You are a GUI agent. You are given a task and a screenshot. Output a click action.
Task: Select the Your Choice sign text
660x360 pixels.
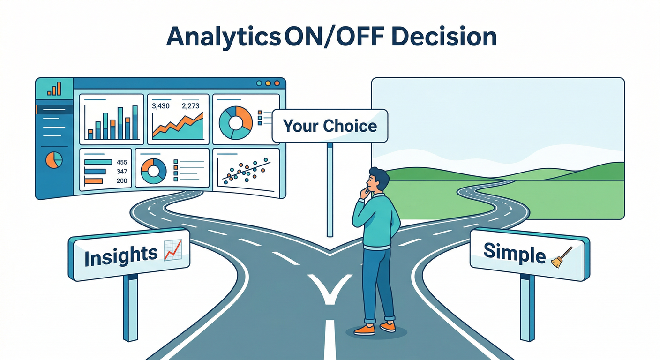click(330, 126)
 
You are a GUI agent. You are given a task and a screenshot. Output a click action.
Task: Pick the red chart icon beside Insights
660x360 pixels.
click(172, 250)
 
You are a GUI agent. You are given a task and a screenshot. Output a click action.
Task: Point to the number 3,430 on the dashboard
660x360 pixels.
click(161, 106)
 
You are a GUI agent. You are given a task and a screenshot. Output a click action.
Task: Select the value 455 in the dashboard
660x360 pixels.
click(122, 163)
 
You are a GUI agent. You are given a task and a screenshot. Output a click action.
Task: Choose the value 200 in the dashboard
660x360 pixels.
click(122, 181)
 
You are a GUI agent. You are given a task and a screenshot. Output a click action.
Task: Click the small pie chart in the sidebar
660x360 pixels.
click(54, 160)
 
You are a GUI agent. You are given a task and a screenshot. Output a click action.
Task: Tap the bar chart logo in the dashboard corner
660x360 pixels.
click(54, 89)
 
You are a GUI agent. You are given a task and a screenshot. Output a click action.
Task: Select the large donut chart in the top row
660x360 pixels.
click(235, 123)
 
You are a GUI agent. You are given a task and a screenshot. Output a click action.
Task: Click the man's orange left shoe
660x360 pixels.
click(364, 330)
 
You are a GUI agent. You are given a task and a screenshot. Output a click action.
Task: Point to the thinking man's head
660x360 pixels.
click(378, 180)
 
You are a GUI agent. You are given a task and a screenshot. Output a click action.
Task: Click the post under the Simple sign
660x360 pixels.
click(527, 307)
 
